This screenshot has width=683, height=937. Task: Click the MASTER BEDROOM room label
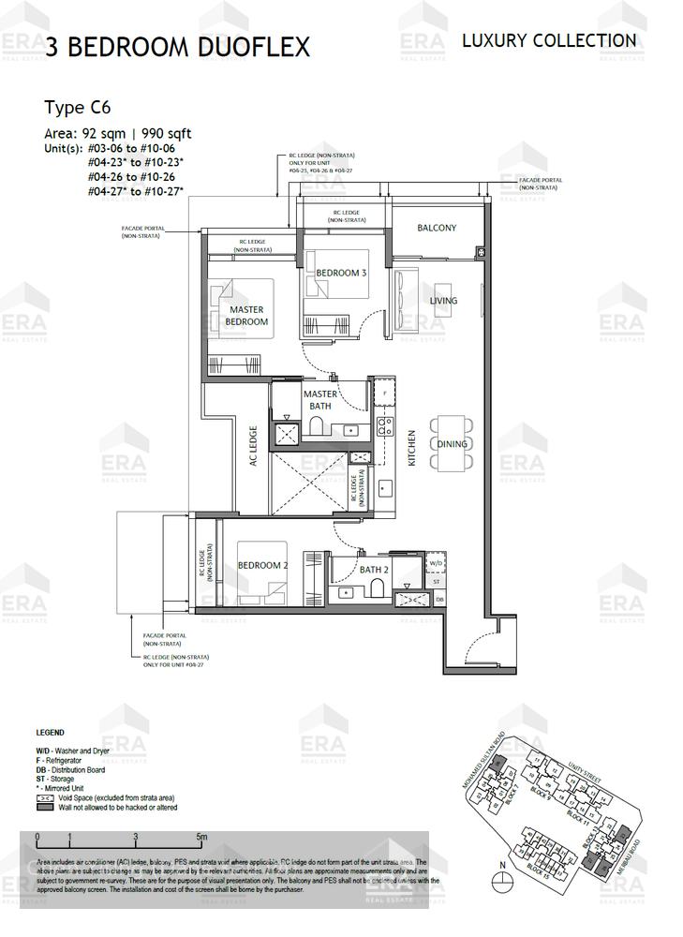pyautogui.click(x=246, y=316)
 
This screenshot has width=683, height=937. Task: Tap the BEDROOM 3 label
pyautogui.click(x=341, y=273)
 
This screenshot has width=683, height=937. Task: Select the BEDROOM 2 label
pyautogui.click(x=261, y=566)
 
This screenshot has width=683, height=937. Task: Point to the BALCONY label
pyautogui.click(x=437, y=228)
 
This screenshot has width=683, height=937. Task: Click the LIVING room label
pyautogui.click(x=443, y=301)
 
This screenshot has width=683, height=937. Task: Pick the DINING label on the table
pyautogui.click(x=451, y=444)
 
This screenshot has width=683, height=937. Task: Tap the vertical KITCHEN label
pyautogui.click(x=411, y=448)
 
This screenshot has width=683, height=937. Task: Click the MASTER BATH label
pyautogui.click(x=319, y=400)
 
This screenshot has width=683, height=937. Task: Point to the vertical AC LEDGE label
pyautogui.click(x=253, y=448)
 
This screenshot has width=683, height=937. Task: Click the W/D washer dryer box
pyautogui.click(x=436, y=564)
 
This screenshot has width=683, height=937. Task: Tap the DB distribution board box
pyautogui.click(x=438, y=599)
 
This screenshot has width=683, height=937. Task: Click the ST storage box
pyautogui.click(x=438, y=582)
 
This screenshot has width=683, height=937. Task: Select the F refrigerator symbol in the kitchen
pyautogui.click(x=384, y=393)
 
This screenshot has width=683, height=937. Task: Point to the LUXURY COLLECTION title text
pyautogui.click(x=549, y=40)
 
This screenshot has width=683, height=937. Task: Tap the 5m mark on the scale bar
pyautogui.click(x=201, y=836)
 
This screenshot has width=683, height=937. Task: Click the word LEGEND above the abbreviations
pyautogui.click(x=50, y=733)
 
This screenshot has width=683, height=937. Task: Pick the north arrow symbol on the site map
pyautogui.click(x=503, y=879)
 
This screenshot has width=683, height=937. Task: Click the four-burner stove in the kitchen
pyautogui.click(x=384, y=426)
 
